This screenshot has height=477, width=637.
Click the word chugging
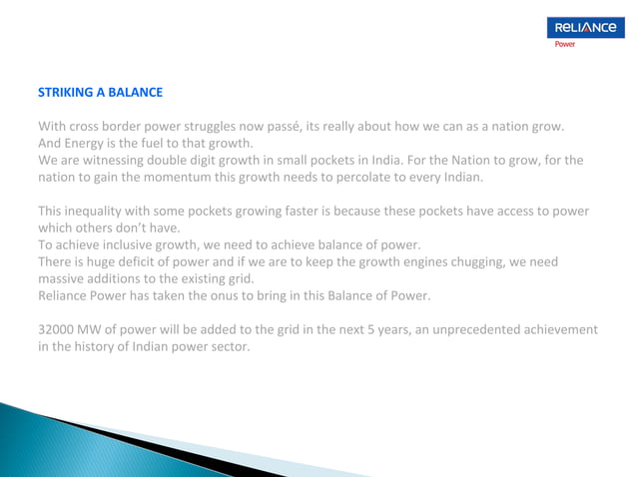pos(469,261)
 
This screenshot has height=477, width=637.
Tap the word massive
pos(62,278)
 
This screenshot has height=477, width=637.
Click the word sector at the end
pos(230,346)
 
